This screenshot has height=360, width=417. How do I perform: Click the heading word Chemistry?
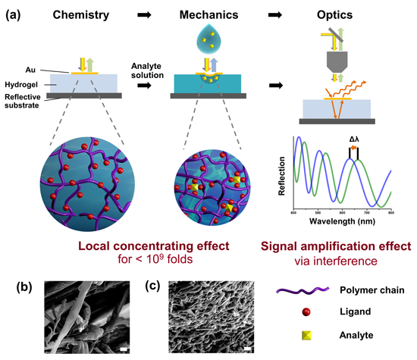pos(81,15)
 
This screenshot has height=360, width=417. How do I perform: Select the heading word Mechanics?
pos(208,15)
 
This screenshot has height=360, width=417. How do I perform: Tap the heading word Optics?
pos(334,15)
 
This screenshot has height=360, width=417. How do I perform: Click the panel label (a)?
pos(14,15)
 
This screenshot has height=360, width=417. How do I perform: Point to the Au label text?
pos(30,70)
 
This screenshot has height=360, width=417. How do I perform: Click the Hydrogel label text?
pos(21,85)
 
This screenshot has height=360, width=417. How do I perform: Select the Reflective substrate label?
pos(22,101)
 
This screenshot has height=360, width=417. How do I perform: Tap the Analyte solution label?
pos(147,70)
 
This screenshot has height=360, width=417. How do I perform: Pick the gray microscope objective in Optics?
pos(337,62)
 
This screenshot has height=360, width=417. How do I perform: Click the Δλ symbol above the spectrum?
pos(354,139)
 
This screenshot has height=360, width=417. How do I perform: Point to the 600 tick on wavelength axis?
pos(342,213)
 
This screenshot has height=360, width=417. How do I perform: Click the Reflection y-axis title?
pos(281,176)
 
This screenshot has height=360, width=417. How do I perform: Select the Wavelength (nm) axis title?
pos(342,221)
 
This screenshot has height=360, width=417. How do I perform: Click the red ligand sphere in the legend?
pos(306,311)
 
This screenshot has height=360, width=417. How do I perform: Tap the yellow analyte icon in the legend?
pos(306,336)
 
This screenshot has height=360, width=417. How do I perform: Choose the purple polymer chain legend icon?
pos(303,290)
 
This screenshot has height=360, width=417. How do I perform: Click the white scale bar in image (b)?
pos(124,349)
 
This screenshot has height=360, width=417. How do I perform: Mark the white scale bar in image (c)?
pos(248,349)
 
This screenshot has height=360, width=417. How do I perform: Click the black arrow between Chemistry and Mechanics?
pos(144,15)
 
